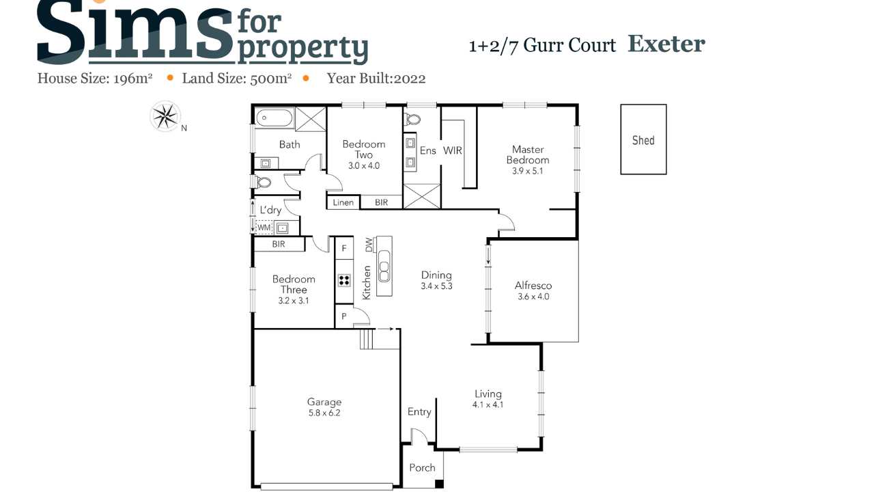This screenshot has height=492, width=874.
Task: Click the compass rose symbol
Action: point(165,116)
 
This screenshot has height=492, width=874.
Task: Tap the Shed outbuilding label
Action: point(643,140)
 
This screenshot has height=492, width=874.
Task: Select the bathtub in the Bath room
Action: point(274,118)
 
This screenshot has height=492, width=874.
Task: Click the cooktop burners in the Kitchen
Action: point(344,280)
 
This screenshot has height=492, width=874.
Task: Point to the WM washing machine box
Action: point(264,228)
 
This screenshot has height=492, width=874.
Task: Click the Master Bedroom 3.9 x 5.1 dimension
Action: point(528,171)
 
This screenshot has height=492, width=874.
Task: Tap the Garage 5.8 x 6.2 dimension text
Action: point(324,413)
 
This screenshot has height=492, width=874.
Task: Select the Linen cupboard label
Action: point(343,202)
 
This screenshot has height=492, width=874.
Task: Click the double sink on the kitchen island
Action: point(384,266)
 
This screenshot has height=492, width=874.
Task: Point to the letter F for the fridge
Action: point(344,248)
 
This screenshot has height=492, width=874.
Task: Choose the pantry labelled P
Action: point(344,316)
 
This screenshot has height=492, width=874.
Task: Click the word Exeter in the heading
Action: point(666,44)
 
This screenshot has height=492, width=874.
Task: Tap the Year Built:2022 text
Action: point(376,79)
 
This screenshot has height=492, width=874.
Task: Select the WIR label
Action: point(453,150)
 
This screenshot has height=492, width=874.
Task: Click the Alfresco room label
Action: point(533,286)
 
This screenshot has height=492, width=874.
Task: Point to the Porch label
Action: point(422,467)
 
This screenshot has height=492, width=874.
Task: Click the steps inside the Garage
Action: point(367,339)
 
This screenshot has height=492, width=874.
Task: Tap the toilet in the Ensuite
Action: point(412,119)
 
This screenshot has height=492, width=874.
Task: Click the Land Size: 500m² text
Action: point(237,79)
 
